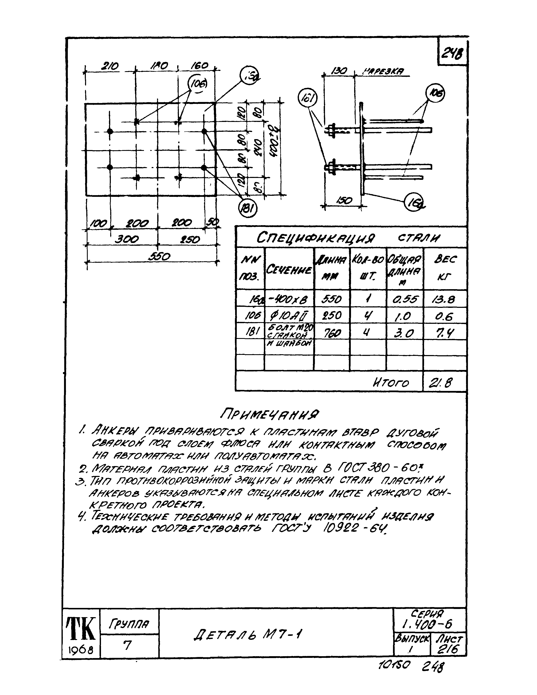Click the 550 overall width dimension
159,256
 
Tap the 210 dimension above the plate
110,66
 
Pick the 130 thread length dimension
338,71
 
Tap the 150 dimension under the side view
344,200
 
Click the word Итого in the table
391,383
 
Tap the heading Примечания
269,414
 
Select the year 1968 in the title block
81,649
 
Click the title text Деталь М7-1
247,635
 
